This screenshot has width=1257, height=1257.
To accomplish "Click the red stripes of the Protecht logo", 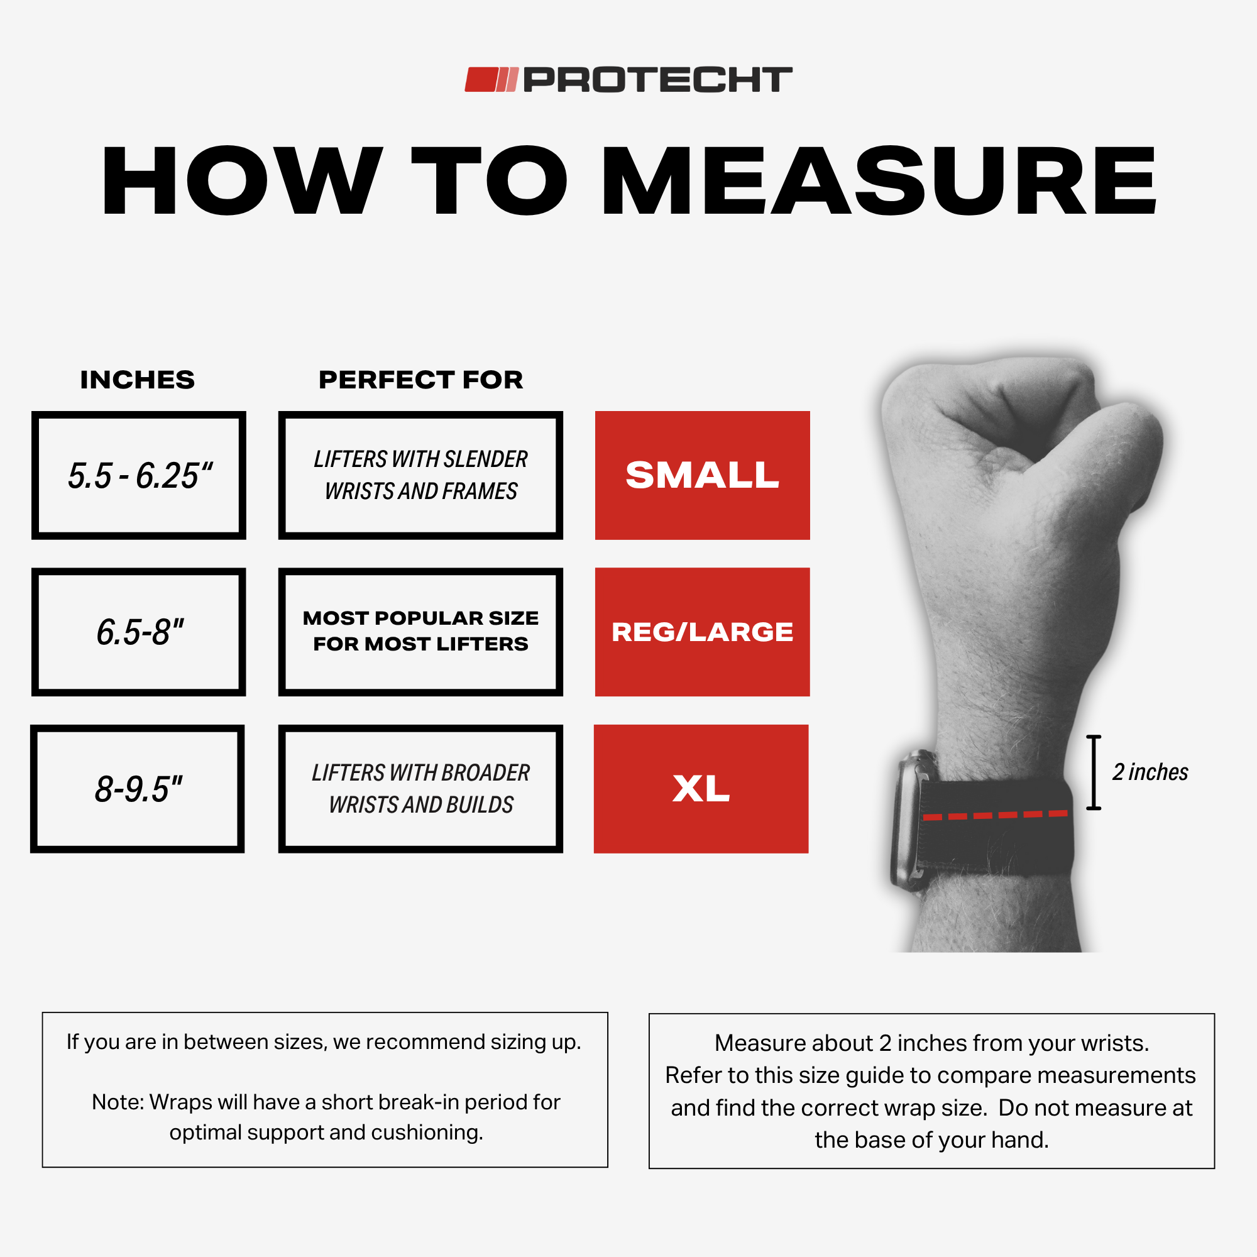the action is (491, 79).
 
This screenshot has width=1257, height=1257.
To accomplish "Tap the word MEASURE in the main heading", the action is (879, 180).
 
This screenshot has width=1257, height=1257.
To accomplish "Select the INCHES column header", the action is (137, 380).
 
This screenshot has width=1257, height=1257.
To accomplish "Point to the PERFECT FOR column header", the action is (420, 380).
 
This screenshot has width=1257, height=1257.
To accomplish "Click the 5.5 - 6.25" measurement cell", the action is (138, 475).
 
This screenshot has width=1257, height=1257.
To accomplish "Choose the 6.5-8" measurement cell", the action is (138, 632).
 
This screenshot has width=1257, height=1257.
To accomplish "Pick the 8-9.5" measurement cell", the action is (137, 789).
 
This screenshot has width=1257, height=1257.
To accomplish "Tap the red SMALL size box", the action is (702, 475).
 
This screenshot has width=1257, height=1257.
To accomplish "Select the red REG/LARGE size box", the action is (702, 632).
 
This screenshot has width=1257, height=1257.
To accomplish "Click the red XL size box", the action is (701, 789).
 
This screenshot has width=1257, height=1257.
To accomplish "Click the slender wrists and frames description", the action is (420, 475).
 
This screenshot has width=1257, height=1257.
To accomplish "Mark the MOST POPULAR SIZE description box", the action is (420, 632).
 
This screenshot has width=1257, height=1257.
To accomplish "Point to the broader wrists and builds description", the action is (420, 789).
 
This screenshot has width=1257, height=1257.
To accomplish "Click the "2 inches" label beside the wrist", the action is (1150, 772).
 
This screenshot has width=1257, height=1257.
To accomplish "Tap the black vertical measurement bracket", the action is (1094, 772).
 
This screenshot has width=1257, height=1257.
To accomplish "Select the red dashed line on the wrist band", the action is (995, 815).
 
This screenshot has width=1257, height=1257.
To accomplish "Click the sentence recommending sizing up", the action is (324, 1041).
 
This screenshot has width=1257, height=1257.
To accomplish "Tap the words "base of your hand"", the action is (952, 1140).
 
